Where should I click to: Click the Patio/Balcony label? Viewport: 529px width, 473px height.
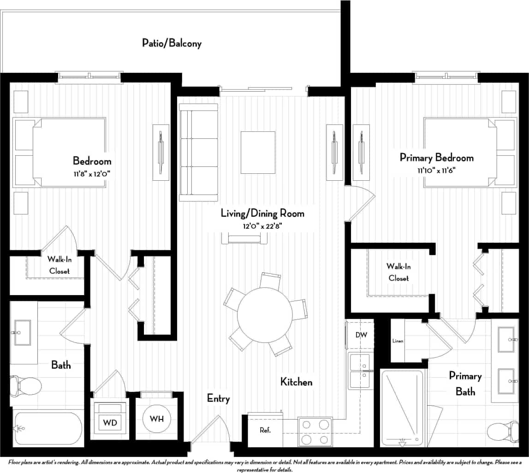click(x=172, y=44)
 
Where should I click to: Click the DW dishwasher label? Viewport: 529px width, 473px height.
click(x=361, y=335)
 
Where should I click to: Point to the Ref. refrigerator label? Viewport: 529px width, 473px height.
click(x=265, y=431)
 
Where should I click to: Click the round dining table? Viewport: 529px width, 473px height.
click(x=265, y=314)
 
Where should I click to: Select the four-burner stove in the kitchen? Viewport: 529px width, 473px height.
click(x=315, y=432)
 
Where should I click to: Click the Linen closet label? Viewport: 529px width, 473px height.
click(x=398, y=341)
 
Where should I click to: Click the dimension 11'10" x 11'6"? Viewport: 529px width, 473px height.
click(x=437, y=170)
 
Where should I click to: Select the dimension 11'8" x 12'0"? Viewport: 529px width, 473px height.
click(x=92, y=173)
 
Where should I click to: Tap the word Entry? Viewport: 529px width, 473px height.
click(x=218, y=398)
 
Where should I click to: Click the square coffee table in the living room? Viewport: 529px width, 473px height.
click(x=258, y=153)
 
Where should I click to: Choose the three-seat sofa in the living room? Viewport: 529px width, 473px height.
click(x=198, y=153)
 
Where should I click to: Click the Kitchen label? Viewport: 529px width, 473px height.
click(x=297, y=382)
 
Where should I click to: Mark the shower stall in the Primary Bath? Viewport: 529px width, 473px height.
click(x=402, y=408)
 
